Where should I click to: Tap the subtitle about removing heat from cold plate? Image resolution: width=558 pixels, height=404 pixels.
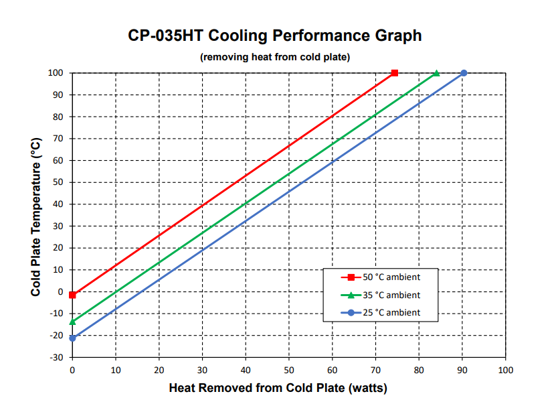click(275, 57)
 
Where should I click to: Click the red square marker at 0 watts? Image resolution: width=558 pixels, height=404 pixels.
click(72, 295)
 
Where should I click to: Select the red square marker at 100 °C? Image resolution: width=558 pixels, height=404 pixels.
click(395, 72)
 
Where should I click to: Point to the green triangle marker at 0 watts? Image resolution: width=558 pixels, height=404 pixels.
click(72, 322)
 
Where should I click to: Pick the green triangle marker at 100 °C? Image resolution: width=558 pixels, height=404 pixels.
click(436, 72)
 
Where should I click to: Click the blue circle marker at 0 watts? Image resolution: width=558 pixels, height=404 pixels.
click(72, 338)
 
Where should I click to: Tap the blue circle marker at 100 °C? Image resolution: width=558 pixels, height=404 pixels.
click(463, 72)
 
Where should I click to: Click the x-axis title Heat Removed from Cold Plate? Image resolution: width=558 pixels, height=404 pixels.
click(278, 388)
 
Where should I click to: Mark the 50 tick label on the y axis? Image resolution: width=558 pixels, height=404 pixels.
click(58, 182)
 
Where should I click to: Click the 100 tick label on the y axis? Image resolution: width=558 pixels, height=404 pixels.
click(56, 73)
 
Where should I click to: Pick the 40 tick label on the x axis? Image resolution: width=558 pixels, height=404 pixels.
click(246, 369)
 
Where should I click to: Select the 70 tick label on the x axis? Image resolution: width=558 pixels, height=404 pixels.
click(375, 369)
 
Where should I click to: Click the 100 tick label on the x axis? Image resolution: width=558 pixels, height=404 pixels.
click(506, 369)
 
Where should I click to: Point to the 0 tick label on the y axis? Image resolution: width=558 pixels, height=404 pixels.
click(60, 291)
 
